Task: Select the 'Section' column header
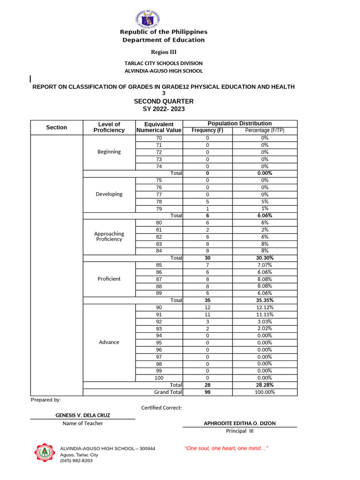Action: (56, 127)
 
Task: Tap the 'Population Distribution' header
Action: (240, 123)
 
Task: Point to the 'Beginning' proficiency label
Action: (109, 152)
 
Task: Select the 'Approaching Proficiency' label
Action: (109, 236)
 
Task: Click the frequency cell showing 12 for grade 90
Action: (207, 307)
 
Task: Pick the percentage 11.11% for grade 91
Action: (264, 315)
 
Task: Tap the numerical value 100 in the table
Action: (159, 378)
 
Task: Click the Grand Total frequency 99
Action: (207, 392)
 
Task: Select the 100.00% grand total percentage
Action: (264, 392)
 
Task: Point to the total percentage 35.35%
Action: (264, 300)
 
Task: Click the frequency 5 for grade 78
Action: (207, 202)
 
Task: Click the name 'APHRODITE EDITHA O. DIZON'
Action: (240, 423)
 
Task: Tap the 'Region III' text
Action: (163, 52)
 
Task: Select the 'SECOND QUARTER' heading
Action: (164, 101)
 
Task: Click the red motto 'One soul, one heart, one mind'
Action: (226, 449)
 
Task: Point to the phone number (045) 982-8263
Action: (76, 461)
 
